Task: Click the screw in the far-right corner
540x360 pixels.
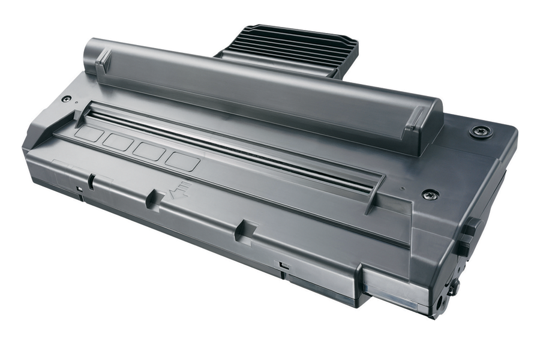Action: click(481, 131)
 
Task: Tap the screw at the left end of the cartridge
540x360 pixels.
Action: click(67, 99)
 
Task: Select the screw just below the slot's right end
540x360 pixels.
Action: click(430, 194)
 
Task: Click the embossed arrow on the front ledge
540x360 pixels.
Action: click(179, 191)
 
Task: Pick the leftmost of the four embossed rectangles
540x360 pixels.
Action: click(89, 133)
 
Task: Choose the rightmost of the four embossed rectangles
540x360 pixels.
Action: click(182, 161)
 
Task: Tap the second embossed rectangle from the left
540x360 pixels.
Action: click(118, 142)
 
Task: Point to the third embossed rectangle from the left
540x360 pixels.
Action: click(149, 151)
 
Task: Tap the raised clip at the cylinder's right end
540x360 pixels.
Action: click(417, 123)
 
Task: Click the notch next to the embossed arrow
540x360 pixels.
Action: click(154, 198)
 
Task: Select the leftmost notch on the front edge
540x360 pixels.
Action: click(91, 179)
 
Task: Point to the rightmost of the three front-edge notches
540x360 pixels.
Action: click(242, 230)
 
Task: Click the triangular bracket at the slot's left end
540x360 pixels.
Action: click(82, 113)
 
